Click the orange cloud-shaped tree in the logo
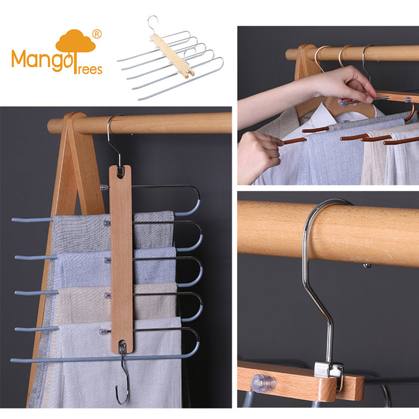[x=75, y=42]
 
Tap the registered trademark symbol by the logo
[x=97, y=34]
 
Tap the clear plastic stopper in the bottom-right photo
[x=263, y=383]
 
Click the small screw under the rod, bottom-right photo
[x=366, y=266]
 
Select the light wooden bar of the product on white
[x=172, y=56]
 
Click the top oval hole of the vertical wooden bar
[x=120, y=172]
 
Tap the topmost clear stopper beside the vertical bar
[x=105, y=187]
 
